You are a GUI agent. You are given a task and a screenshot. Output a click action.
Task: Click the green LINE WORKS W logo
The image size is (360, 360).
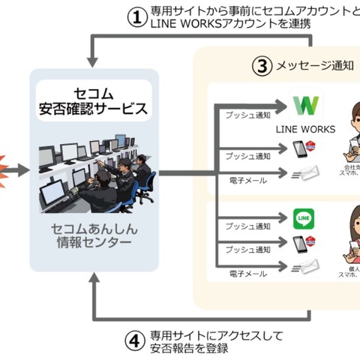click(x=306, y=105)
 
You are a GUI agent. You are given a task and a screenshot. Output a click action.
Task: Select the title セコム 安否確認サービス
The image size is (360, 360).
click(x=95, y=100)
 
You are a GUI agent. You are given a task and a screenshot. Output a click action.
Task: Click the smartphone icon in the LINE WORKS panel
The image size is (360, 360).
click(x=300, y=149)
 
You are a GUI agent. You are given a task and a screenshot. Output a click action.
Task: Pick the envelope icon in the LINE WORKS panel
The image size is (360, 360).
click(x=305, y=175)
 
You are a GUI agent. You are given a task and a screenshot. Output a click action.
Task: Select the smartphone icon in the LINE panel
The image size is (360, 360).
click(x=300, y=244)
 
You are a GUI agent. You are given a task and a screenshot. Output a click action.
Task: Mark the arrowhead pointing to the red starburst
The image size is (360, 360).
click(x=25, y=171)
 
